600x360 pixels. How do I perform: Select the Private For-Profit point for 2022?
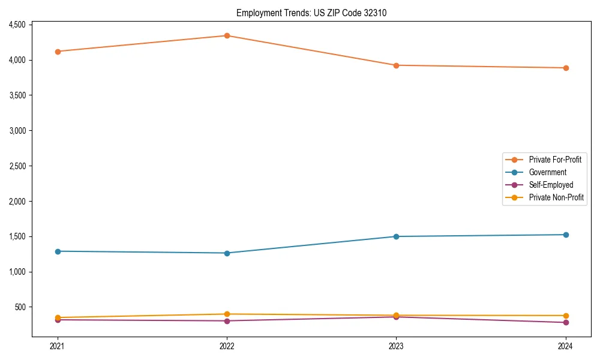pos(227,35)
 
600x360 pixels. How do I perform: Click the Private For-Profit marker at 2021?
pos(58,52)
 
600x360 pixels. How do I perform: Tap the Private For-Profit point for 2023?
pos(396,65)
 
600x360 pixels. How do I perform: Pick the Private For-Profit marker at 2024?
pos(565,68)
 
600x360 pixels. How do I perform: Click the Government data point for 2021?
pos(58,251)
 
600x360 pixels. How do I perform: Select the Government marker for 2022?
pos(227,253)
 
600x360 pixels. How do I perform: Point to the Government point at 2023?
pos(396,236)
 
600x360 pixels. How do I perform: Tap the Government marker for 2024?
pos(565,235)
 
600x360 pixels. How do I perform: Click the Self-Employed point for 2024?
pos(565,323)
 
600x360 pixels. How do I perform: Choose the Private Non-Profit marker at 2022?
pos(227,314)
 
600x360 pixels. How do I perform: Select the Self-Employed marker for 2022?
pos(227,321)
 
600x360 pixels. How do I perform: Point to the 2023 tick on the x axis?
pos(396,346)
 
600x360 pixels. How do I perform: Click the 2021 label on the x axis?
pos(58,346)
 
